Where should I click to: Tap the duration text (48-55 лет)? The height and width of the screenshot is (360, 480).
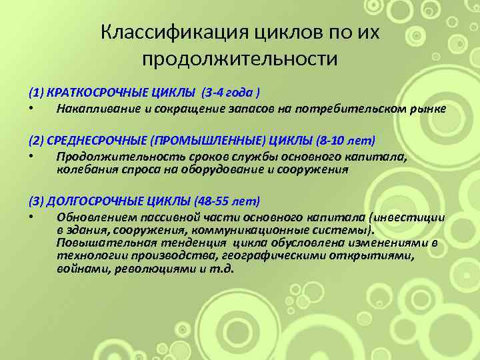pyautogui.click(x=227, y=201)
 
